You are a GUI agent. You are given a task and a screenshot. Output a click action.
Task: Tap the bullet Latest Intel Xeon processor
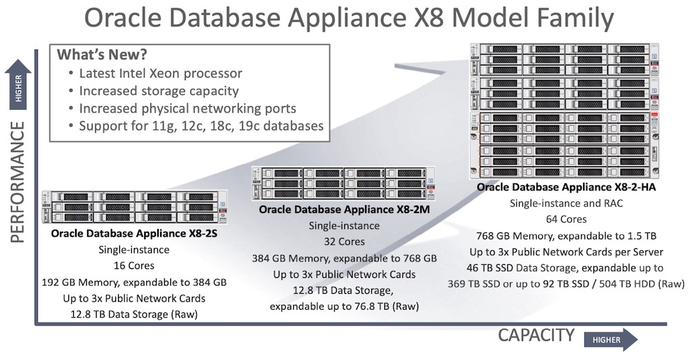point(160,73)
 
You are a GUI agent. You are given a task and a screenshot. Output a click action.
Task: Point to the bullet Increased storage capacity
point(159,90)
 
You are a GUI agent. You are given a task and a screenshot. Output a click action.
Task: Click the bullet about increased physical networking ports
point(188,108)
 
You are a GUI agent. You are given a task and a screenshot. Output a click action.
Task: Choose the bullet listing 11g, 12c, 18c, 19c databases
point(201,126)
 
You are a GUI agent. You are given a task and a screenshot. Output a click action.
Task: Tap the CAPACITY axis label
point(536,336)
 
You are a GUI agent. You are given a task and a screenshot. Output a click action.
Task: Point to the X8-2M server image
point(343,183)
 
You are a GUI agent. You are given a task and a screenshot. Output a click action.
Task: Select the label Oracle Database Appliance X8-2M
point(344,210)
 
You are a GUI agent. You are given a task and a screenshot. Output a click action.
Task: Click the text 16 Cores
point(134,266)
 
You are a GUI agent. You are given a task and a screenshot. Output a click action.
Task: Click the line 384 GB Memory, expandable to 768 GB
point(344,258)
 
